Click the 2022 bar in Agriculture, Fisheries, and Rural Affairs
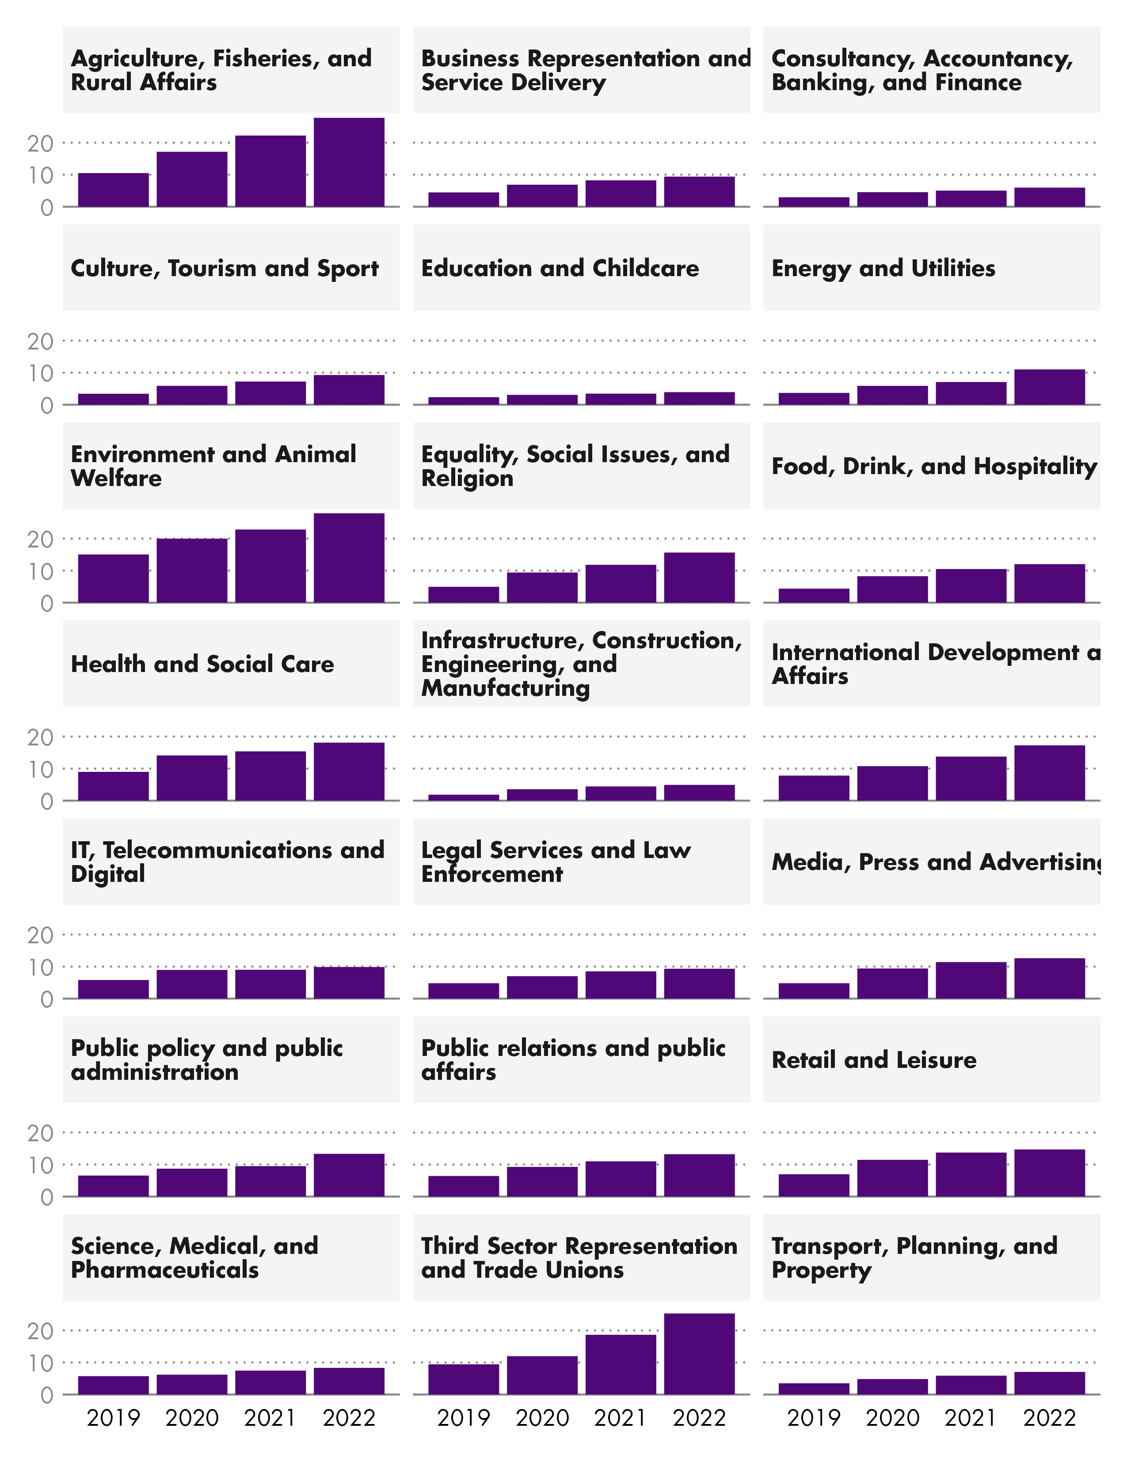click(x=349, y=162)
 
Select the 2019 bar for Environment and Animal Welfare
click(x=114, y=578)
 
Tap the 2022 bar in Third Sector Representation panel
click(x=699, y=1353)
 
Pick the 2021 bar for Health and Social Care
click(x=270, y=776)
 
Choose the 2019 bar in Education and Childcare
click(x=463, y=401)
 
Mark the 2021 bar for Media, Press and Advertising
click(x=971, y=980)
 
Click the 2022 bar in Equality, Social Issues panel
click(x=699, y=577)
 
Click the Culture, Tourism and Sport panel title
click(x=225, y=268)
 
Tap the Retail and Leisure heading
click(x=873, y=1060)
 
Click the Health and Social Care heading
click(x=202, y=664)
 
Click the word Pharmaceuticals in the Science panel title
click(x=164, y=1270)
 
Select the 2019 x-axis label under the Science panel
click(x=114, y=1418)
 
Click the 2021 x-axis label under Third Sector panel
click(x=620, y=1418)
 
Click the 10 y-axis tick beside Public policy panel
click(x=40, y=1166)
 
